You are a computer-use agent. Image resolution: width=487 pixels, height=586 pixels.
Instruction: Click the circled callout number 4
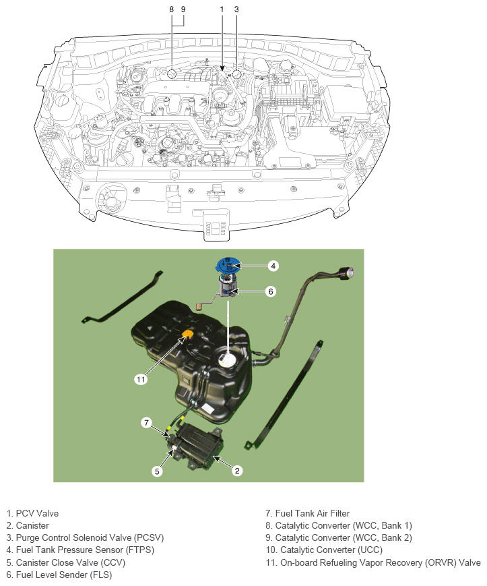(x=273, y=266)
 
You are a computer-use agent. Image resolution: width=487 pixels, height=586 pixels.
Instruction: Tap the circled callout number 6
(x=271, y=291)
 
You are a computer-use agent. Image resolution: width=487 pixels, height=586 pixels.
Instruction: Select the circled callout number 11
(x=141, y=380)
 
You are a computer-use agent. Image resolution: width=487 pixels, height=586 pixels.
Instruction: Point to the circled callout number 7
(x=147, y=423)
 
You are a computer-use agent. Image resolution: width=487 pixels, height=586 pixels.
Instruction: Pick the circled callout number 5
(x=157, y=471)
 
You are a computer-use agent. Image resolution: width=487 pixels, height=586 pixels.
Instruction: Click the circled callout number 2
(x=237, y=471)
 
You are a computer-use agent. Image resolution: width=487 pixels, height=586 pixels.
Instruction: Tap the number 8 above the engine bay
(x=171, y=9)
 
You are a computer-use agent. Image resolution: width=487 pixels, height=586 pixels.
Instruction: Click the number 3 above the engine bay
(x=236, y=9)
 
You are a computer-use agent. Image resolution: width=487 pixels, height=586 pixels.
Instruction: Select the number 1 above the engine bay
(x=222, y=9)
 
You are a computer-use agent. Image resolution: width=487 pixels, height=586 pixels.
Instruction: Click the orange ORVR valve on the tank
(x=189, y=334)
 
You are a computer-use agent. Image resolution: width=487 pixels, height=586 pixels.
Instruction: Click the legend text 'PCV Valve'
(x=37, y=513)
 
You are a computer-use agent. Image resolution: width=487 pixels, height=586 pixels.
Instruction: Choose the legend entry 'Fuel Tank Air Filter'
(x=313, y=513)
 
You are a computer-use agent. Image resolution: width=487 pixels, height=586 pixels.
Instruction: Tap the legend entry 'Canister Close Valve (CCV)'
(x=71, y=562)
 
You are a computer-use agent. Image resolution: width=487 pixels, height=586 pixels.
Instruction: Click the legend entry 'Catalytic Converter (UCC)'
(x=331, y=550)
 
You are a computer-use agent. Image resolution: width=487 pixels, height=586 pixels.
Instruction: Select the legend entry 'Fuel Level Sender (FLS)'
(x=64, y=575)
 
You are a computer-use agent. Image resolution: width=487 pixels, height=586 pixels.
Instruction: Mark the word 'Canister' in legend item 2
(x=32, y=526)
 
